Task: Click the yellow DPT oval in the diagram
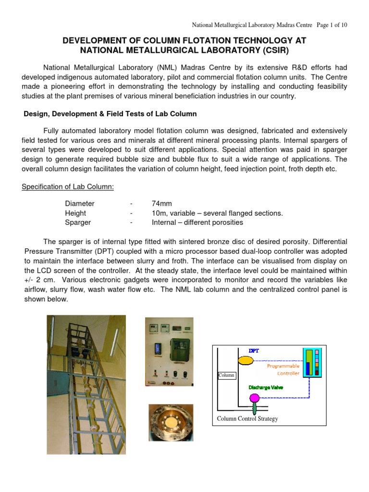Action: (246, 359)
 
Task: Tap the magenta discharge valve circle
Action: (253, 397)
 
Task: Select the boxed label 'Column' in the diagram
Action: (226, 375)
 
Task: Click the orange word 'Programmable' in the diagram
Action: (283, 366)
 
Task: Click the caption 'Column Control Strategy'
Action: (247, 418)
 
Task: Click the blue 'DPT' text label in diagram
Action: (254, 351)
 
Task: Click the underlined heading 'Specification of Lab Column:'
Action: (68, 186)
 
